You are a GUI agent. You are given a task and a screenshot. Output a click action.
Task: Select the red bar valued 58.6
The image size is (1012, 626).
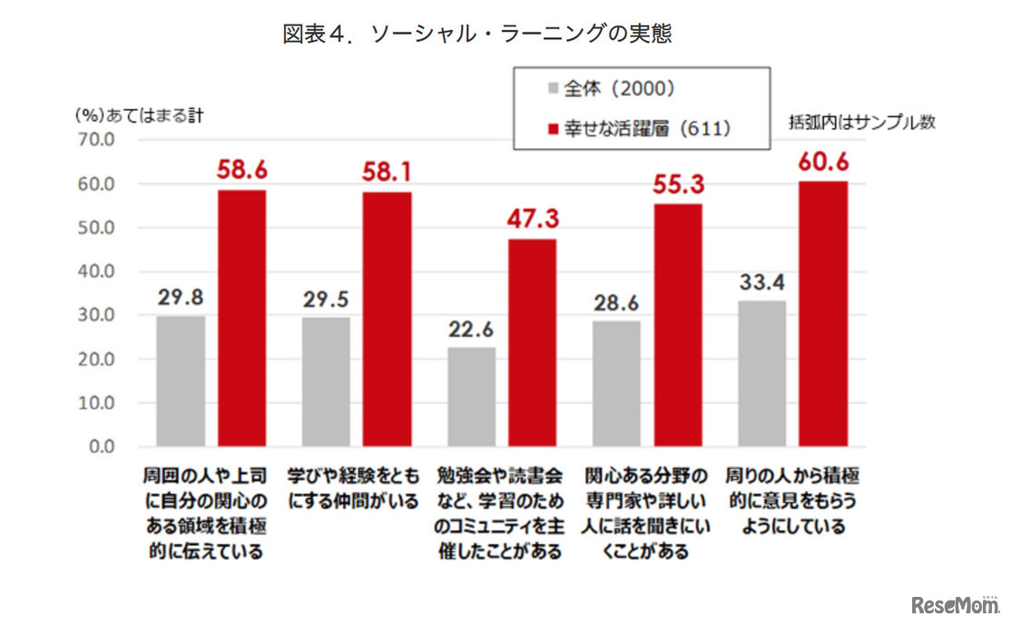242,318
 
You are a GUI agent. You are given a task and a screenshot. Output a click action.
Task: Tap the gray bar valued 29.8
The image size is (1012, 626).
181,381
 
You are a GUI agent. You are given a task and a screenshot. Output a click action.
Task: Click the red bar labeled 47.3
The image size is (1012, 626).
533,343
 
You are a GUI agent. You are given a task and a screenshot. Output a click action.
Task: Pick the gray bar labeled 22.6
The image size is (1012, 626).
472,396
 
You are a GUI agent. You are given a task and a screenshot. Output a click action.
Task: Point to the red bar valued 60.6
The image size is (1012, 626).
823,313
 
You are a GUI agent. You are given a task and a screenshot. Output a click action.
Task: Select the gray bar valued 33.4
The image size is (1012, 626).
762,373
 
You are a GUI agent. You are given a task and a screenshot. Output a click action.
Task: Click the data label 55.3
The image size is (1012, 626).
678,185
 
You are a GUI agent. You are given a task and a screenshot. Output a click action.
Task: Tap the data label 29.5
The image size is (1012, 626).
326,299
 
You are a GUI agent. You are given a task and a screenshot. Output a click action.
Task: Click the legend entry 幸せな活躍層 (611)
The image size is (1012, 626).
639,128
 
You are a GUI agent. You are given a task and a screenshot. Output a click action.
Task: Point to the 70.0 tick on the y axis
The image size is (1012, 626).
94,140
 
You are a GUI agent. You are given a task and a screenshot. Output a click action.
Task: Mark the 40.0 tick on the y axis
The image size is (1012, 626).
94,272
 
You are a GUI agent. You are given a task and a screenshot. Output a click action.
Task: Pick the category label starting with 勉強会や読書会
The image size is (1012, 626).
498,513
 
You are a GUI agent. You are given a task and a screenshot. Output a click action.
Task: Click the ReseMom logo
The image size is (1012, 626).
953,604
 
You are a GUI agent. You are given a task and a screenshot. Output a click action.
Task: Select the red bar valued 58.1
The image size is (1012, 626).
388,319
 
